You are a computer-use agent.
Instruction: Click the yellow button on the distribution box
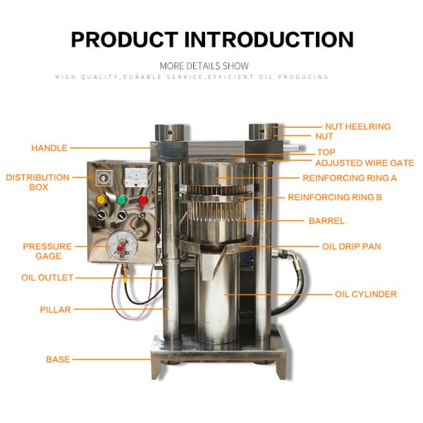[x=101, y=200]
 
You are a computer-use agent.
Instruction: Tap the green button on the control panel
[x=122, y=200]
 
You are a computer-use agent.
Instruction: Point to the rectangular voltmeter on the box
[x=136, y=178]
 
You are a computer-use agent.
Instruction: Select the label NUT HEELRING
[x=357, y=126]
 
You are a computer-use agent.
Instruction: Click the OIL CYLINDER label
[x=366, y=294]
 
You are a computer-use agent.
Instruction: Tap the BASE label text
[x=58, y=360]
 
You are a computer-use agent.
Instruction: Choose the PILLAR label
[x=55, y=309]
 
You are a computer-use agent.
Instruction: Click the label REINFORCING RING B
[x=335, y=197]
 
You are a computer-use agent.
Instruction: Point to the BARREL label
[x=326, y=221]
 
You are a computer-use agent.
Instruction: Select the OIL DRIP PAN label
[x=352, y=246]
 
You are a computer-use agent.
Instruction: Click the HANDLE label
[x=49, y=148]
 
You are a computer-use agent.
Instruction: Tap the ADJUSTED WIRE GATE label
[x=364, y=163]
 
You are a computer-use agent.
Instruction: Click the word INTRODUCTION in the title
[x=269, y=39]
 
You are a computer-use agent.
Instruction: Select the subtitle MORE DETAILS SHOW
[x=204, y=66]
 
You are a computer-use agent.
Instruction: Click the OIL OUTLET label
[x=47, y=278]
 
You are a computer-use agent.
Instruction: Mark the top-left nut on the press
[x=169, y=133]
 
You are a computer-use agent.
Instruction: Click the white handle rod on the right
[x=291, y=147]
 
